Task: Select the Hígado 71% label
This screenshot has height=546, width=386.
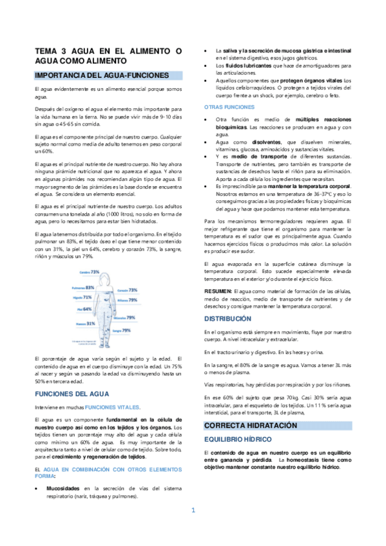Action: point(84,297)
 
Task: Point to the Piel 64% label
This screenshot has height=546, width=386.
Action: point(83,309)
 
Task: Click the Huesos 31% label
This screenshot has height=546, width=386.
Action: point(86,323)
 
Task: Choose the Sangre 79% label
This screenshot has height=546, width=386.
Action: point(122,330)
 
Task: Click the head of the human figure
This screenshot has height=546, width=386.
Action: point(106,273)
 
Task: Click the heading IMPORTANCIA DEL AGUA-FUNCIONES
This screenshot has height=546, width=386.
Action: point(101,75)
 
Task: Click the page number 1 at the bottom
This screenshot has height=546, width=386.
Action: point(193,511)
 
